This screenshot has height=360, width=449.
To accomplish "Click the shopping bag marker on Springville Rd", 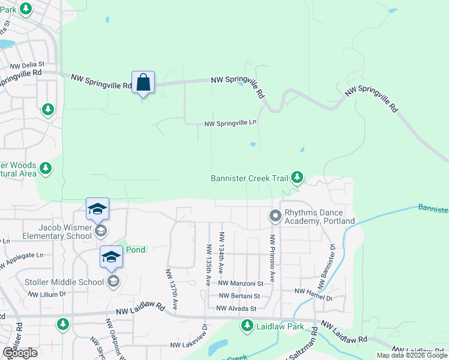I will pos(143,82).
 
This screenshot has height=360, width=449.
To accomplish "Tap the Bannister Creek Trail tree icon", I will pos(297,178).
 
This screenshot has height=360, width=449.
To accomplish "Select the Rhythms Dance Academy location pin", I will pos(276,215).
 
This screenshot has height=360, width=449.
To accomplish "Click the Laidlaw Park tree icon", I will pos(247,326).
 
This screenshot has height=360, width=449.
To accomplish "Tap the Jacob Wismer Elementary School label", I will pos(58,232).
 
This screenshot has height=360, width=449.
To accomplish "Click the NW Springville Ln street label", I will pos(231,123).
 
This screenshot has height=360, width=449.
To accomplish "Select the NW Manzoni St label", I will pos(241,283).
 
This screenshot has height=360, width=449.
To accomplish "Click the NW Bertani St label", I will pos(239,296).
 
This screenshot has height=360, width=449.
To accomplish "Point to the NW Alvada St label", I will pos(237,308).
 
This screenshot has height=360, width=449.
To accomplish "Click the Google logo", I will pos(20,353).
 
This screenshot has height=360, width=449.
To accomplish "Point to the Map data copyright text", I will pos(411,355).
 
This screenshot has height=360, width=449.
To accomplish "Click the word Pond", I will pos(136,250).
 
